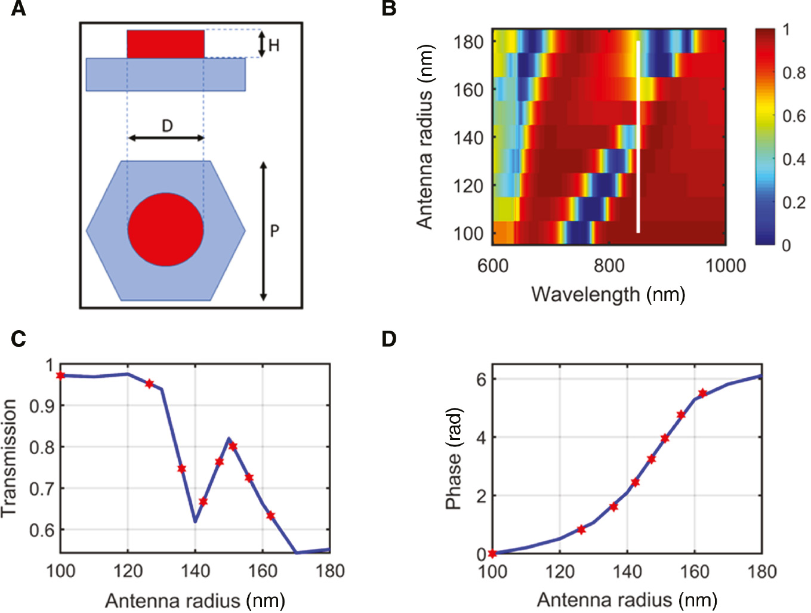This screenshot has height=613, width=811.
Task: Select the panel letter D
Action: (389, 339)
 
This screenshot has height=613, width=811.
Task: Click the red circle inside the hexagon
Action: (165, 229)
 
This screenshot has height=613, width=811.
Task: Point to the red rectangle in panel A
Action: (165, 44)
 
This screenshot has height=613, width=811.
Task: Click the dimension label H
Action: (274, 45)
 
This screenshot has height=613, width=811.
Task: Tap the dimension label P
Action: (275, 231)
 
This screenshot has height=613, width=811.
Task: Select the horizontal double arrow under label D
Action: (166, 138)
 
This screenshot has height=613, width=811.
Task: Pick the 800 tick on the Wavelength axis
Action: (609, 266)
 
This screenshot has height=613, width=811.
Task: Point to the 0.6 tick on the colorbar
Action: (794, 116)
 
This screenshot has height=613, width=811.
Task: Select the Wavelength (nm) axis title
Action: (608, 294)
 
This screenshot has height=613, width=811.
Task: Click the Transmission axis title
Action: (9, 458)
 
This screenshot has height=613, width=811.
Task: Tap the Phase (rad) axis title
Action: (454, 458)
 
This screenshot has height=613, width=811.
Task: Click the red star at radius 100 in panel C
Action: (60, 375)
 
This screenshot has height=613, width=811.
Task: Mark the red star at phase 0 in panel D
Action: (492, 553)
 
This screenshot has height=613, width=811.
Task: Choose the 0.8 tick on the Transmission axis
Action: (41, 447)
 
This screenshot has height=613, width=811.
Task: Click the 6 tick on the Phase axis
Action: (482, 380)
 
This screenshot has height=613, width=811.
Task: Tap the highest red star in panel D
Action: (702, 393)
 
